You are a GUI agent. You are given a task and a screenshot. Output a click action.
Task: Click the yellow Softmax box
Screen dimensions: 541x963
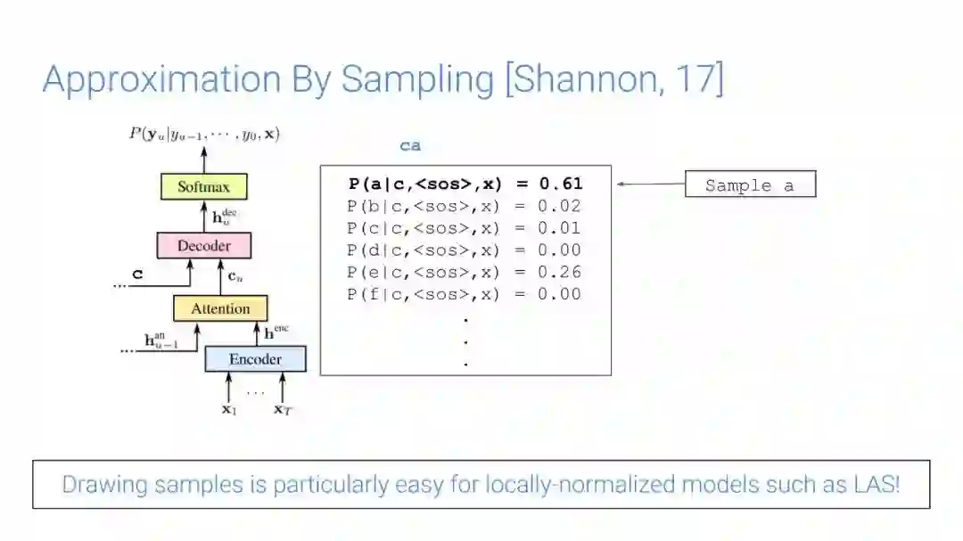[203, 187]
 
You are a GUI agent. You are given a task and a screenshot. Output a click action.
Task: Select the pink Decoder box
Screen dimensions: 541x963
[203, 245]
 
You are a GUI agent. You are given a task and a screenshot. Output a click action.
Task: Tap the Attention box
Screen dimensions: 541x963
[220, 308]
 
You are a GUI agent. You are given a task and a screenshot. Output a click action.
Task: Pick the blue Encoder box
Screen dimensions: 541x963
[255, 359]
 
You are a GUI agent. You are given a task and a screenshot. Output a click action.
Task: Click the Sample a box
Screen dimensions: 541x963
[749, 185]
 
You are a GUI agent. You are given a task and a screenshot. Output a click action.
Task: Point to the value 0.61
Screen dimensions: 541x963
[560, 184]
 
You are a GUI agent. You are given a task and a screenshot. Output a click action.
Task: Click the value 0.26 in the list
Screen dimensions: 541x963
[560, 273]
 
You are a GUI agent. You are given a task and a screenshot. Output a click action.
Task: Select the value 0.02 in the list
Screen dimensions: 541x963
[560, 207]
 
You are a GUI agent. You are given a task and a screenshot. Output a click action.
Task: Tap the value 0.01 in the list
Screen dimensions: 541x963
[560, 229]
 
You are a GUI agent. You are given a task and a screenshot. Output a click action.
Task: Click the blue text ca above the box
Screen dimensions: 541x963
[410, 146]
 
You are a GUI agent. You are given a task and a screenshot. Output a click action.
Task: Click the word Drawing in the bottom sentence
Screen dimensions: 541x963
[101, 485]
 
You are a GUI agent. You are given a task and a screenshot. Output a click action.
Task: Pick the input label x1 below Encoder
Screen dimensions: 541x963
[229, 410]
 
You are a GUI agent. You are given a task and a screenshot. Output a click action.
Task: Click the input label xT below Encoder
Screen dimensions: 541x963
[282, 410]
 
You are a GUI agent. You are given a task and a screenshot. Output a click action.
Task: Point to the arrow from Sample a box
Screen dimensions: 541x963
[650, 184]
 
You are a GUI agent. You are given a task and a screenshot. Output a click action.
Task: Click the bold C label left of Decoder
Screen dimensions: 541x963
[137, 275]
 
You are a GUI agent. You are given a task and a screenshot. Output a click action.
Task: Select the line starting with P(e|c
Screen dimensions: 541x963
[465, 273]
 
